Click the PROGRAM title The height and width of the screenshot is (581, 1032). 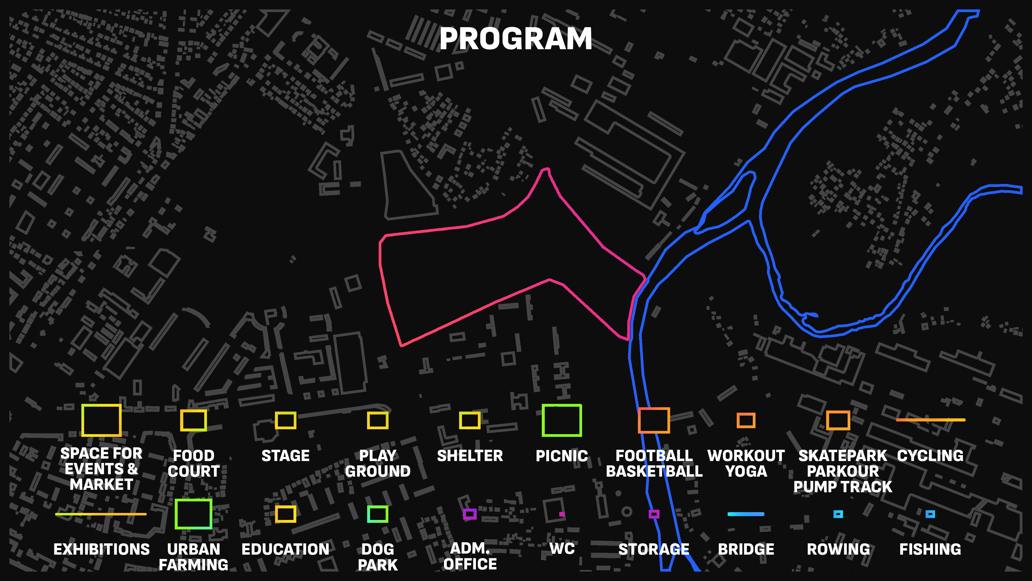(x=516, y=39)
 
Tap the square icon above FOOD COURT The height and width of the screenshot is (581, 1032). (x=193, y=420)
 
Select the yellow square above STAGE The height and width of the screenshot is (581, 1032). (x=285, y=420)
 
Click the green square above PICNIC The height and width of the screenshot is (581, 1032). (x=562, y=420)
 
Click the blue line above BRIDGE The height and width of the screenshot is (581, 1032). (x=746, y=514)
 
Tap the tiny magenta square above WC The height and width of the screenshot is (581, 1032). (x=562, y=514)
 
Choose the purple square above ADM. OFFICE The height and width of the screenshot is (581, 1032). (x=470, y=514)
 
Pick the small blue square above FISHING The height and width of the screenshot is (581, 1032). (x=930, y=514)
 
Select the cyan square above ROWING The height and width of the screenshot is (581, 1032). (x=838, y=514)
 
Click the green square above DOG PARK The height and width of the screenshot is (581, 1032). (x=377, y=514)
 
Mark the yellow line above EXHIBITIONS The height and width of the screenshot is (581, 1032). (x=101, y=514)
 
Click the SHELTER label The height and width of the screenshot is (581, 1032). (x=470, y=456)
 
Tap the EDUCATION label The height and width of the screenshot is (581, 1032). (x=285, y=549)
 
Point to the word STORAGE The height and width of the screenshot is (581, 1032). (x=654, y=549)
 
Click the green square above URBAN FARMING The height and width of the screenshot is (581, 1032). (x=193, y=514)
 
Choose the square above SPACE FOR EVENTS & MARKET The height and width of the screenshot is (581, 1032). (x=101, y=420)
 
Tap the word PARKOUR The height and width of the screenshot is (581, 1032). (x=843, y=471)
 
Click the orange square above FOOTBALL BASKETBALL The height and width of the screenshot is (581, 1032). (x=654, y=420)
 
